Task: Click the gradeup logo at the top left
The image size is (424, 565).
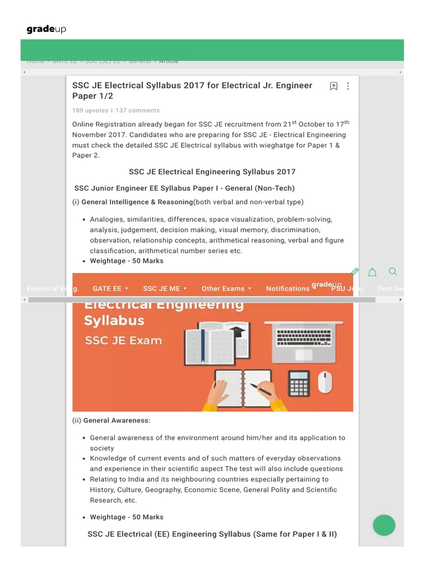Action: coord(46,29)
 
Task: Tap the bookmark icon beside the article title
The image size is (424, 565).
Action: coord(333,86)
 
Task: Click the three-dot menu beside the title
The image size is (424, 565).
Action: coord(348,86)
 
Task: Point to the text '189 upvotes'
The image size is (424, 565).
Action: coord(90,110)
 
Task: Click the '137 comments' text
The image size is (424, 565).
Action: coord(137,110)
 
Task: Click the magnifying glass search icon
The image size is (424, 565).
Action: coord(393,271)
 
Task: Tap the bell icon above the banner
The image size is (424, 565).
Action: coord(372,272)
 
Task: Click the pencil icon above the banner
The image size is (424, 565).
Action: coord(355,272)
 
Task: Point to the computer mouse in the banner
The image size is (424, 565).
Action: coord(325,382)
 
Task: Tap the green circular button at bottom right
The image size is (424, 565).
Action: coord(384,525)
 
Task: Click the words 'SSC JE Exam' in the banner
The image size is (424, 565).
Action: coord(124,340)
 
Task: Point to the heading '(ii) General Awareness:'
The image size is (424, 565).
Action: coord(111,420)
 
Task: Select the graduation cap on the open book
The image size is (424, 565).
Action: coord(237,333)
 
